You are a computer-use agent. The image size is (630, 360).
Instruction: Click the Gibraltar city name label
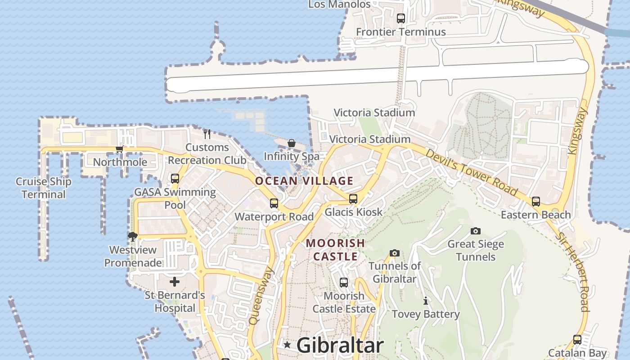pyautogui.click(x=340, y=346)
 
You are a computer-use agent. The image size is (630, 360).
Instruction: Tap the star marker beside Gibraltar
pyautogui.click(x=287, y=345)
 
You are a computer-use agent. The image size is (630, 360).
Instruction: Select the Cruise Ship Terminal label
pyautogui.click(x=44, y=188)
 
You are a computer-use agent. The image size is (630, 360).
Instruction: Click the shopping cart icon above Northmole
pyautogui.click(x=119, y=149)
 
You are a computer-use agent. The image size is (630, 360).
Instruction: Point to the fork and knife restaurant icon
pyautogui.click(x=207, y=134)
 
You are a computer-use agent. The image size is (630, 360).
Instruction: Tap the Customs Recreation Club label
pyautogui.click(x=207, y=154)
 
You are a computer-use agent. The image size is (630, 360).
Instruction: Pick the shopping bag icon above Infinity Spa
pyautogui.click(x=292, y=143)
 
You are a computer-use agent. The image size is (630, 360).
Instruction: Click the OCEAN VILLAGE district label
pyautogui.click(x=304, y=181)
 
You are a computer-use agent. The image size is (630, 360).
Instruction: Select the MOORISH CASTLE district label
pyautogui.click(x=335, y=250)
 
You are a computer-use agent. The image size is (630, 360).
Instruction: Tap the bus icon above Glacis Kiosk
pyautogui.click(x=353, y=198)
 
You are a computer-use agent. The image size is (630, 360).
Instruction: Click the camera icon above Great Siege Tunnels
pyautogui.click(x=476, y=231)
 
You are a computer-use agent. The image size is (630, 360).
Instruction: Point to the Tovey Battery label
pyautogui.click(x=426, y=314)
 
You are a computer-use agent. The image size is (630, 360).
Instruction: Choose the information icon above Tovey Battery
pyautogui.click(x=426, y=301)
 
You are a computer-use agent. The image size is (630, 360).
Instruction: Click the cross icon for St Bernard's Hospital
pyautogui.click(x=175, y=282)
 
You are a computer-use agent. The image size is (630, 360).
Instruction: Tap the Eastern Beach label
pyautogui.click(x=535, y=215)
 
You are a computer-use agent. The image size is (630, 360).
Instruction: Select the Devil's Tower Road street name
pyautogui.click(x=471, y=172)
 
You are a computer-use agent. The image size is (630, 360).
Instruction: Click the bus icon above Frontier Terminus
pyautogui.click(x=401, y=18)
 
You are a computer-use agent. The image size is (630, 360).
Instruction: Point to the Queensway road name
pyautogui.click(x=261, y=296)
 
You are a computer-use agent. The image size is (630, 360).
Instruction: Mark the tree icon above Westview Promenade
pyautogui.click(x=133, y=236)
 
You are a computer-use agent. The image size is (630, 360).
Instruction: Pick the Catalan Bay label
pyautogui.click(x=577, y=353)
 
